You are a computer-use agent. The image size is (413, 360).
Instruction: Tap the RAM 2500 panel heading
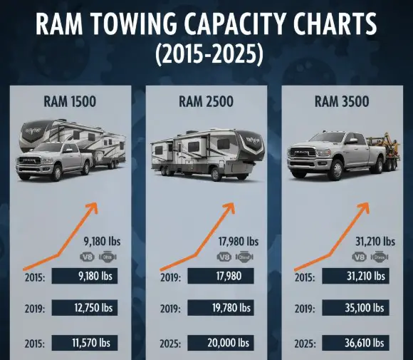click(x=206, y=102)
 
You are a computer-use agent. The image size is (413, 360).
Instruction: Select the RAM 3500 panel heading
click(x=342, y=102)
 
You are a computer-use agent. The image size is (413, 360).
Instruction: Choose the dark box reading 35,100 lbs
click(x=355, y=309)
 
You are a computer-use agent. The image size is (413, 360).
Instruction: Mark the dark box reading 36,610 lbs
click(x=355, y=343)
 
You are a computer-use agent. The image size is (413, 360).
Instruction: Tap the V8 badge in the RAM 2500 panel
click(x=223, y=257)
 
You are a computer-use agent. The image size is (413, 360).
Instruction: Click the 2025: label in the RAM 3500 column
click(x=306, y=344)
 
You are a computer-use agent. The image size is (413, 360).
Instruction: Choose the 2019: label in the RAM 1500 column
click(x=34, y=309)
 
